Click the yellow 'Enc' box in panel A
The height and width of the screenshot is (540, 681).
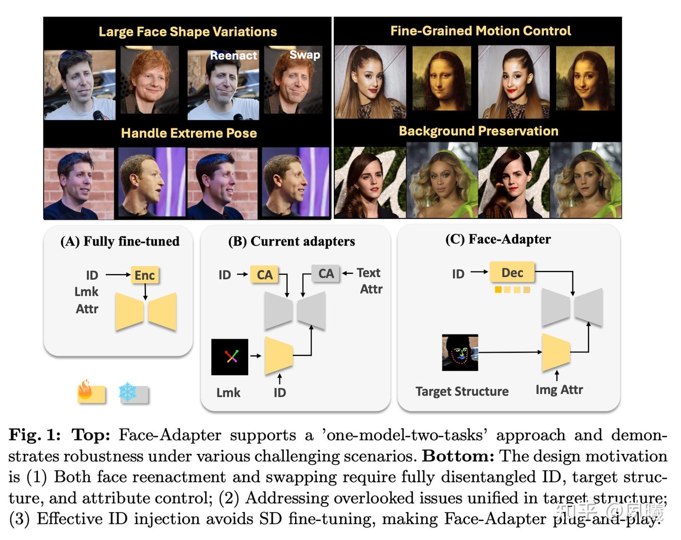(145, 275)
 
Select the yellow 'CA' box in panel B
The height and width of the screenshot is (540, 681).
(264, 274)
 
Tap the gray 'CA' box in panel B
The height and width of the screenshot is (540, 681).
(326, 273)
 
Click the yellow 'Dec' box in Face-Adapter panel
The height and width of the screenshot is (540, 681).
(512, 272)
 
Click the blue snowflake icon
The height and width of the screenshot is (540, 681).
(128, 392)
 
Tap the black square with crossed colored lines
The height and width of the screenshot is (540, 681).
(230, 357)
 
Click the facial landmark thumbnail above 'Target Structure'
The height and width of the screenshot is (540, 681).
(460, 352)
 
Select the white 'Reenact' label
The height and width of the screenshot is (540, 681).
(234, 56)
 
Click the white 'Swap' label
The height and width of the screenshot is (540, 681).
(305, 55)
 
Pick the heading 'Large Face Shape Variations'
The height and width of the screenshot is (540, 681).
(188, 32)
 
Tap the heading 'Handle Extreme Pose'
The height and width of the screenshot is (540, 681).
(189, 133)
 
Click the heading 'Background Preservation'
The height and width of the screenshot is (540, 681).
(479, 131)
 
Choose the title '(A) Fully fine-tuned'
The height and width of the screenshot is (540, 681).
(120, 241)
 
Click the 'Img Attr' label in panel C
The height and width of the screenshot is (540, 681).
(559, 390)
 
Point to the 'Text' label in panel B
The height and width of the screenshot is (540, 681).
(369, 272)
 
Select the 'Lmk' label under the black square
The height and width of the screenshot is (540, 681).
(228, 392)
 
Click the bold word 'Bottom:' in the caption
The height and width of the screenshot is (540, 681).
(458, 456)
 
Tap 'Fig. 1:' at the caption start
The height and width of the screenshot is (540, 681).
(35, 435)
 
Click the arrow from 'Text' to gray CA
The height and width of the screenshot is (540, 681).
(348, 273)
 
